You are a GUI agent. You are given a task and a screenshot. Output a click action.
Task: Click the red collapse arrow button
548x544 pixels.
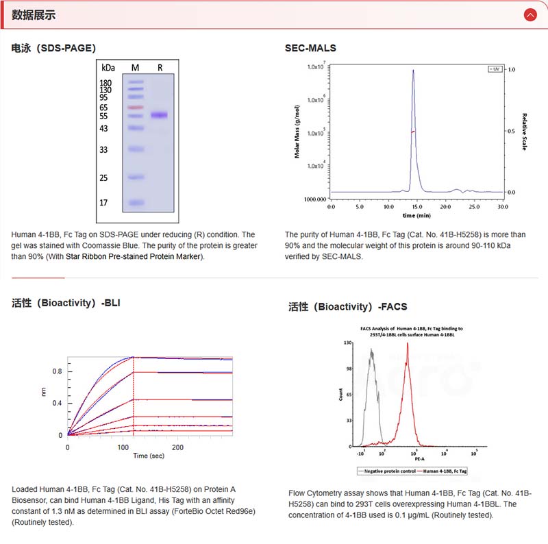point(529,14)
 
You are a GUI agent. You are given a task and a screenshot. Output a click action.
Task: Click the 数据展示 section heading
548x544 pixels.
point(34,14)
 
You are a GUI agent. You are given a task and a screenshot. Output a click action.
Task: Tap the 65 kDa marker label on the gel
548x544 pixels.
point(103,108)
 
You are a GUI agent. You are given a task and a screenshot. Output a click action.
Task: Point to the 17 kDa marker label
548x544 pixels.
point(103,203)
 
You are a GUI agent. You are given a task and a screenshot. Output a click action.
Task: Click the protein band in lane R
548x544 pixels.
point(160,115)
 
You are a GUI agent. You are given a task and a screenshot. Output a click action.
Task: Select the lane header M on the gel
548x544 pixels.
point(135,68)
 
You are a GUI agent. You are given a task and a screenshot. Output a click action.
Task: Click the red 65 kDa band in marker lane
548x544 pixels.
point(135,108)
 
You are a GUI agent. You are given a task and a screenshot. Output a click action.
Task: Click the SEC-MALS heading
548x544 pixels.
point(310,48)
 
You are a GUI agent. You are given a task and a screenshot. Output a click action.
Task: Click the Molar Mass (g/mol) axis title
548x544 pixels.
point(297,132)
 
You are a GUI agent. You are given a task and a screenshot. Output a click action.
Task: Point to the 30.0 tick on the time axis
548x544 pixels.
point(503,206)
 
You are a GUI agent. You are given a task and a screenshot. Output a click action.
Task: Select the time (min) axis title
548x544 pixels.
point(416,215)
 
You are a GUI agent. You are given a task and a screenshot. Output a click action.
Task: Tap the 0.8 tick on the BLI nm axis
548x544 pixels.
point(58,371)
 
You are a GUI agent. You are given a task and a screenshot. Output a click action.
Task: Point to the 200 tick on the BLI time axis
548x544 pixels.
point(177,446)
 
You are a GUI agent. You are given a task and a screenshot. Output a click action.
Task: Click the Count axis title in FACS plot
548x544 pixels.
point(341,394)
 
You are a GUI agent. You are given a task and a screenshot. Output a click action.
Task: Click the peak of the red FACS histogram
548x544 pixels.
point(408,344)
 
